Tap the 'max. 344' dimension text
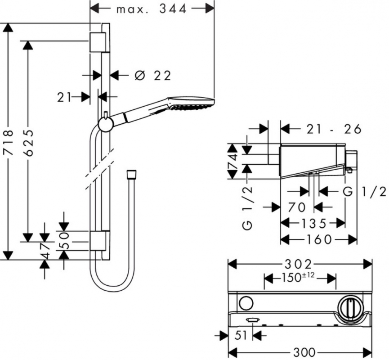coord(152,9)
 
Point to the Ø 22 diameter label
coord(153,76)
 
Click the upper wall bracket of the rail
coord(99,42)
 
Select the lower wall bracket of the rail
coord(99,241)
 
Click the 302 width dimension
coord(298,264)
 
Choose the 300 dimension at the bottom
coord(304,352)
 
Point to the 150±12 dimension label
coord(298,277)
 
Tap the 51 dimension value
coord(241,336)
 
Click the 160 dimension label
coord(319,239)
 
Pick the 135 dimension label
coord(313,224)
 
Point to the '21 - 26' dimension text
coord(334,129)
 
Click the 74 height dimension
coord(233,162)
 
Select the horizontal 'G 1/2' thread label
coord(365,192)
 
